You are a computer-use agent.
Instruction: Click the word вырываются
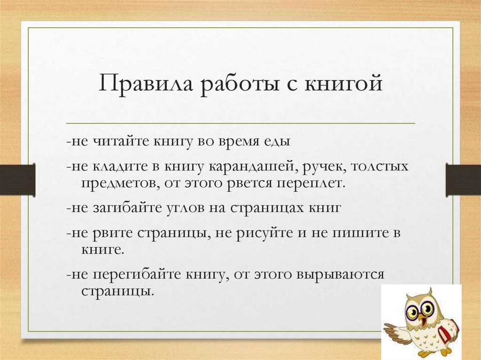click(340, 275)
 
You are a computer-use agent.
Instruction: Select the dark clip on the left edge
click(17, 179)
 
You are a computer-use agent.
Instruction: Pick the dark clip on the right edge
click(463, 179)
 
